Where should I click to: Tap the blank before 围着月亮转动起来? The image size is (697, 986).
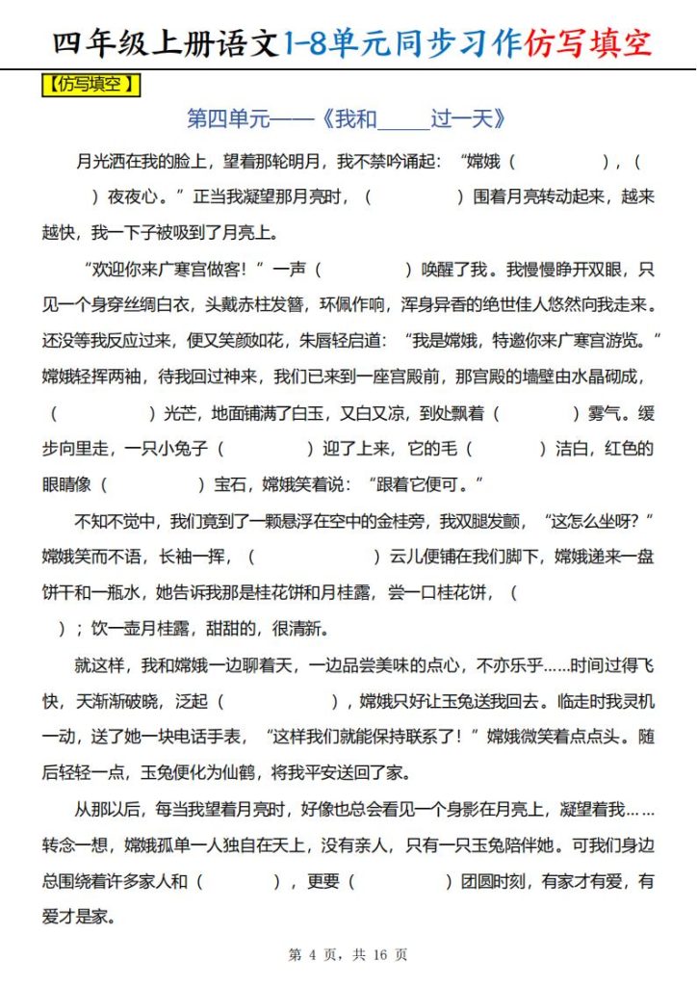pos(415,196)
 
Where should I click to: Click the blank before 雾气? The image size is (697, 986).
pos(537,413)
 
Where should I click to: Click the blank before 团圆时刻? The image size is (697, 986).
pos(400,881)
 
